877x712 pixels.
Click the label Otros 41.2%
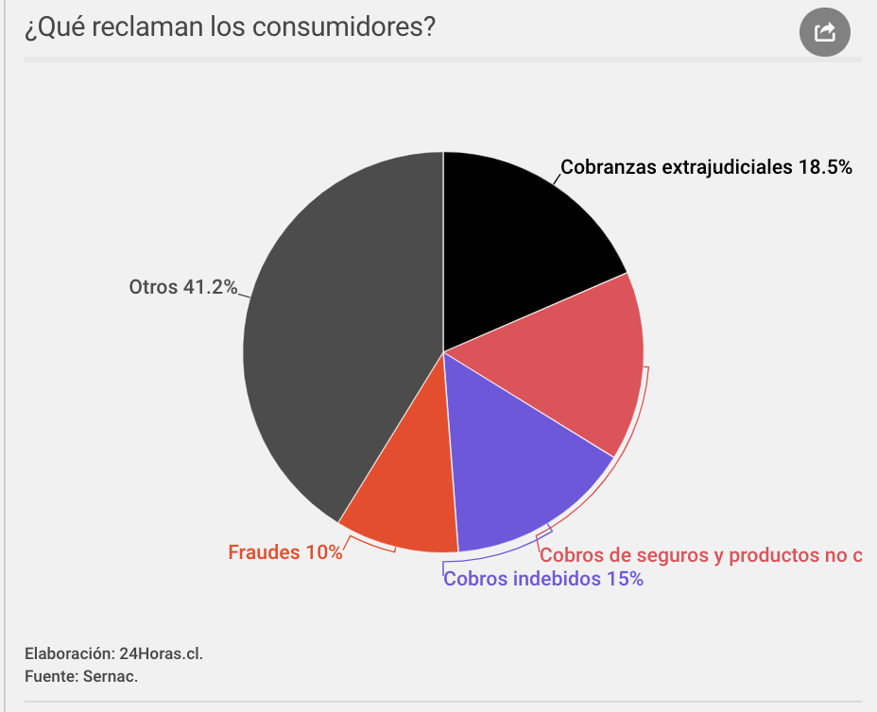(x=182, y=287)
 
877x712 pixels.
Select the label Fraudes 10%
(x=285, y=552)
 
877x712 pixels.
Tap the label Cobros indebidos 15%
(x=543, y=579)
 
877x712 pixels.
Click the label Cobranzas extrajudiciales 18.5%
(x=706, y=167)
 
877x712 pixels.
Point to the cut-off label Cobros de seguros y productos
(x=700, y=554)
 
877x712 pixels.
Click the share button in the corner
(x=825, y=32)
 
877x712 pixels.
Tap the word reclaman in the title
(x=139, y=27)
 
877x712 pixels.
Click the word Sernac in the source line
(x=112, y=676)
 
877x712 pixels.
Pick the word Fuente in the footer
(x=51, y=676)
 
